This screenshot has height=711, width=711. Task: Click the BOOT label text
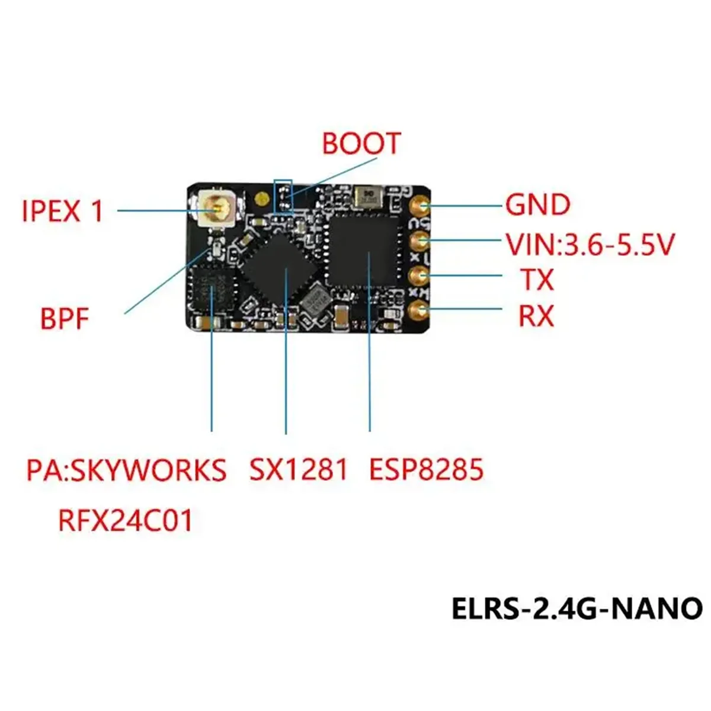tap(361, 143)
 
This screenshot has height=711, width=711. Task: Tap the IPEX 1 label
tap(63, 211)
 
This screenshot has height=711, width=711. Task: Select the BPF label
tap(64, 319)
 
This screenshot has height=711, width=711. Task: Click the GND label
tap(537, 205)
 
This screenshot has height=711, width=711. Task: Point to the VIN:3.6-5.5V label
tap(590, 244)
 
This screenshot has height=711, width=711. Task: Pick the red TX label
tap(537, 279)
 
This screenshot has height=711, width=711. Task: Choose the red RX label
tap(536, 316)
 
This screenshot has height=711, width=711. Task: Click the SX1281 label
tap(298, 469)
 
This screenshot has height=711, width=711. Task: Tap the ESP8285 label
tap(427, 469)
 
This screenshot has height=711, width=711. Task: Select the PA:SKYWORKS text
tap(126, 470)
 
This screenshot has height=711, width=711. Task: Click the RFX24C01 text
tap(126, 521)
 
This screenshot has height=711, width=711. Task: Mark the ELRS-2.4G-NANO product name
tap(577, 608)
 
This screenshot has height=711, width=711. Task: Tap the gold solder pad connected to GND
tap(421, 206)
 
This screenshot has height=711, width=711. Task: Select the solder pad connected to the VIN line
tap(421, 241)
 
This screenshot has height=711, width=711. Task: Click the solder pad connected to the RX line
tap(421, 310)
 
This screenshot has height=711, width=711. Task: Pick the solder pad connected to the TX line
tap(421, 276)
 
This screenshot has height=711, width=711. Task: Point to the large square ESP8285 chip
tap(363, 251)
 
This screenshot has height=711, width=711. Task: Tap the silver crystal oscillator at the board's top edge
tap(369, 196)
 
